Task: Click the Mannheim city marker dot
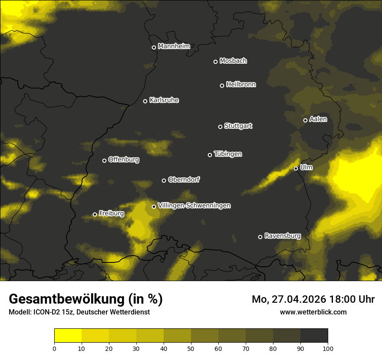(x=154, y=48)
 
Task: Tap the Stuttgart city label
(x=238, y=126)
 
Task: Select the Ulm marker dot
(x=296, y=168)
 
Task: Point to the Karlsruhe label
(x=164, y=100)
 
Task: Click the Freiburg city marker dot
(x=95, y=214)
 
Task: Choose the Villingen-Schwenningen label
(x=194, y=206)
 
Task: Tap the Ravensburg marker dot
(x=260, y=237)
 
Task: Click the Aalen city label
(x=318, y=119)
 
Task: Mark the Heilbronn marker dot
(x=222, y=85)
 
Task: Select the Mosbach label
(x=233, y=61)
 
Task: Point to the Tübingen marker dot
(x=210, y=155)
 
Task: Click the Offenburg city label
(x=124, y=160)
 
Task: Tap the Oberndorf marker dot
(x=164, y=180)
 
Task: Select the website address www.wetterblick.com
(x=313, y=312)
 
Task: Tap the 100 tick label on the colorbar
(x=328, y=348)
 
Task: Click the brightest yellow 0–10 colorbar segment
(x=68, y=335)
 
